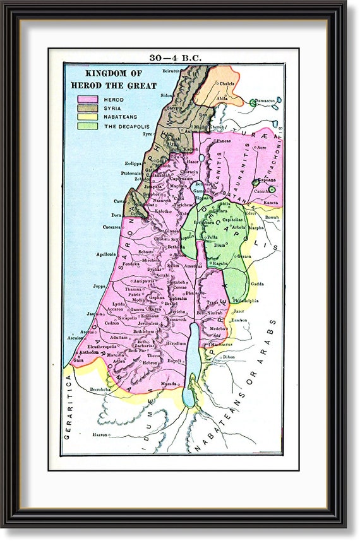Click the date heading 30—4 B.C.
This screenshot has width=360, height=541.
(x=175, y=58)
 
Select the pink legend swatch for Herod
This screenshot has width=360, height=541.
(x=87, y=100)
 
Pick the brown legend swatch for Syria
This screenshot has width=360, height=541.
(x=87, y=109)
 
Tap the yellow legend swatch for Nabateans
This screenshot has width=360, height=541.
(x=87, y=117)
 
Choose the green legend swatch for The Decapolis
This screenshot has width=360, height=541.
(x=87, y=126)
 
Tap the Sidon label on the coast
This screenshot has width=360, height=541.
(x=167, y=95)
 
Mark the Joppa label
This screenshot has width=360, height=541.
(x=100, y=286)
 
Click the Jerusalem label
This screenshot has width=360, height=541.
(x=148, y=323)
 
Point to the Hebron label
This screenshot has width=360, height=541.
(x=150, y=363)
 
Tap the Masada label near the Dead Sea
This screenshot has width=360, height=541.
(x=169, y=383)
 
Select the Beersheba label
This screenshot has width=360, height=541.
(x=101, y=389)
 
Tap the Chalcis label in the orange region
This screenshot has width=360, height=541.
(x=227, y=82)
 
